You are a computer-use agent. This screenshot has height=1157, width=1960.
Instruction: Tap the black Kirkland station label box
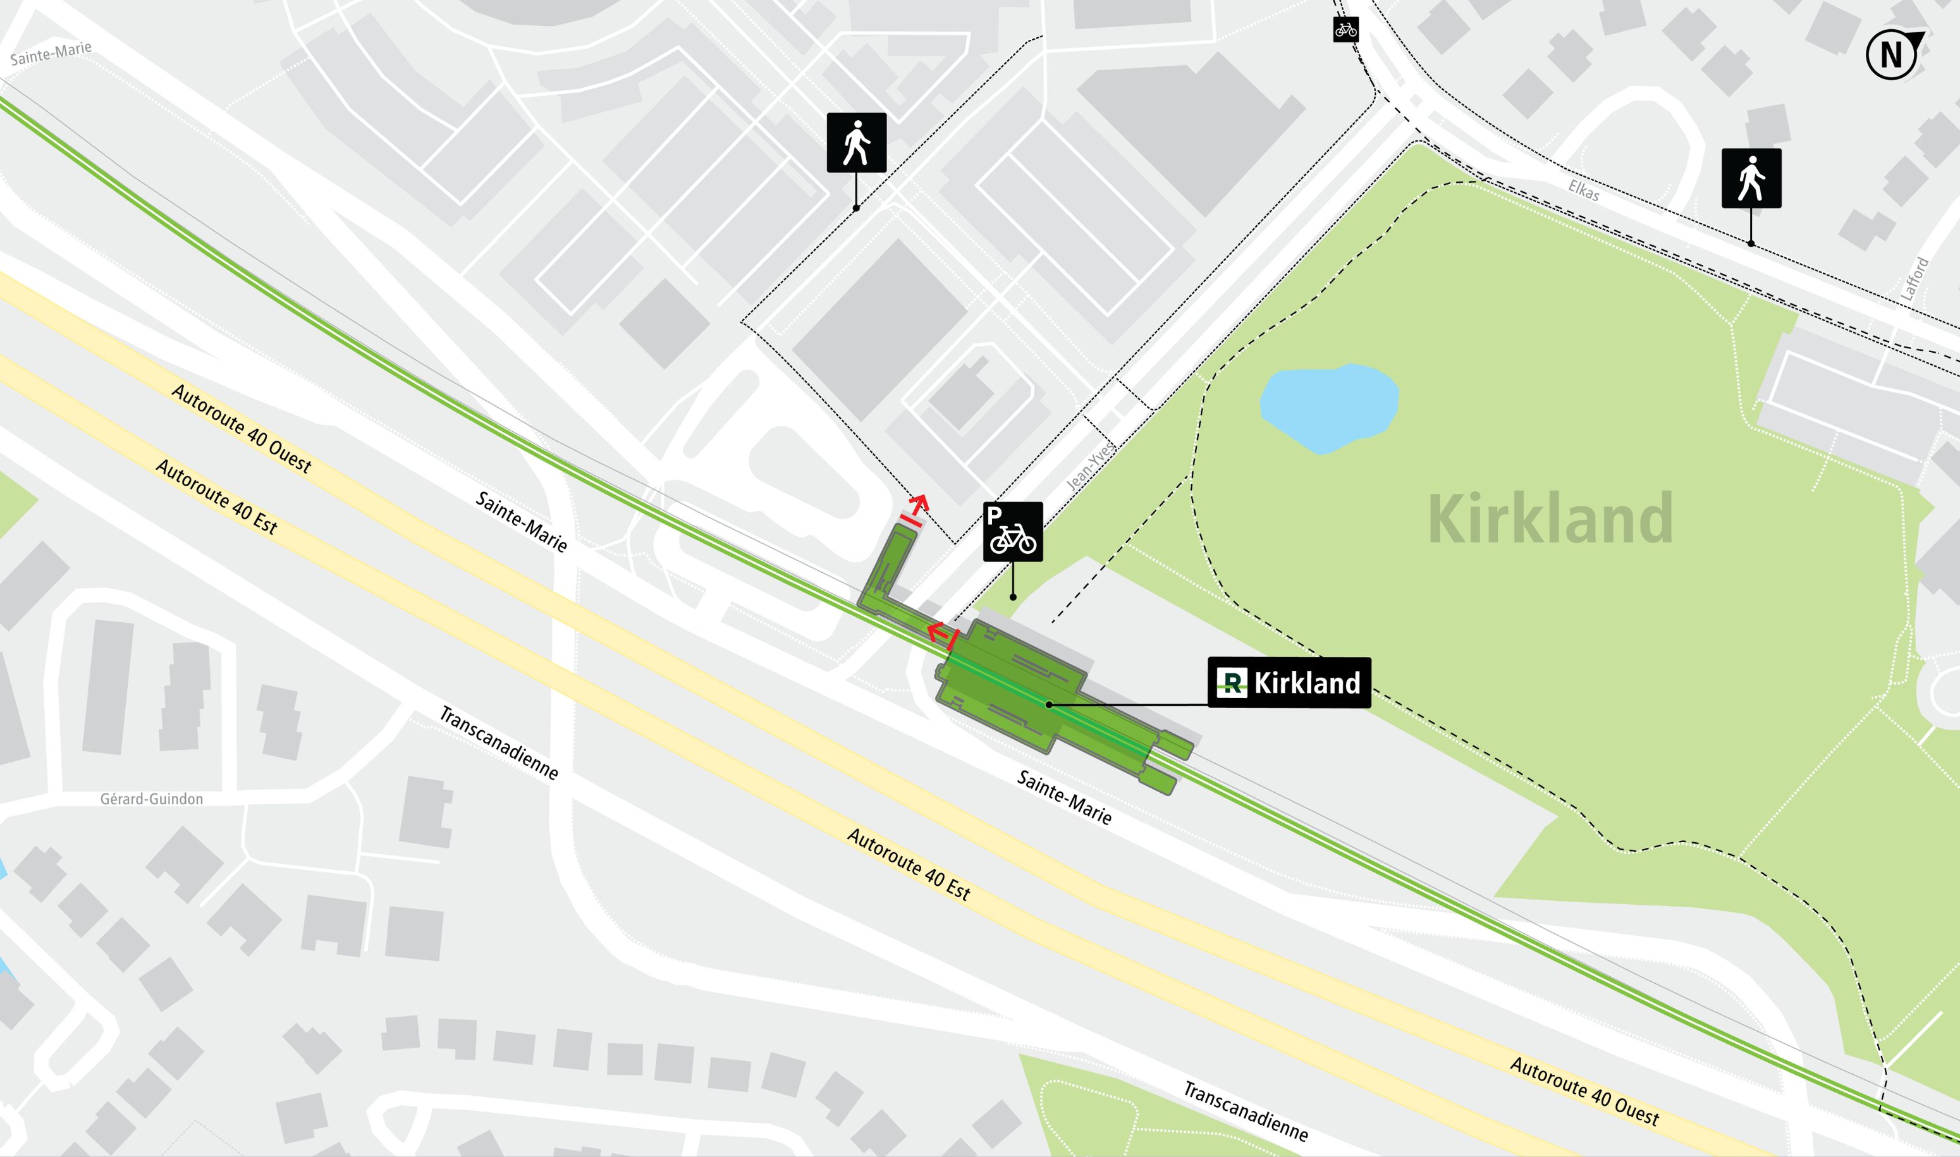(1289, 683)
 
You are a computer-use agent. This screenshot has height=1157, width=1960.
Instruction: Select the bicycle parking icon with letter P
(1012, 532)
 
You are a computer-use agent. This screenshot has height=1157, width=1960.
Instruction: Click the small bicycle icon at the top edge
(1345, 30)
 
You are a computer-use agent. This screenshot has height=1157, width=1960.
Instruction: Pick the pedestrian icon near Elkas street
(1751, 178)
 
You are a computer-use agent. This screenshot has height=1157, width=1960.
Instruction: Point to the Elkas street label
(1583, 191)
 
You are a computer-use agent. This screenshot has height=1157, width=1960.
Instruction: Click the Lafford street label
(1914, 279)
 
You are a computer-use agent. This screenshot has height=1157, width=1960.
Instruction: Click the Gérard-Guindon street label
(151, 799)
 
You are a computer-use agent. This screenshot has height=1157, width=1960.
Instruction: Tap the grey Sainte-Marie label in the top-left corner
(51, 54)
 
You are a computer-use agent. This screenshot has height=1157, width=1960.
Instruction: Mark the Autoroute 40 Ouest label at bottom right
(1584, 1091)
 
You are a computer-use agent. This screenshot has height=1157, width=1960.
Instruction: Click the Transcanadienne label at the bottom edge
(1245, 1111)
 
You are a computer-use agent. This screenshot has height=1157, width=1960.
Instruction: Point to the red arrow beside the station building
(942, 635)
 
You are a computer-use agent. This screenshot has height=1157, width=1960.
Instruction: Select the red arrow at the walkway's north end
(916, 508)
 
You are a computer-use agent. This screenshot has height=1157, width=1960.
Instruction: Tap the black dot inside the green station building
(1049, 705)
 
